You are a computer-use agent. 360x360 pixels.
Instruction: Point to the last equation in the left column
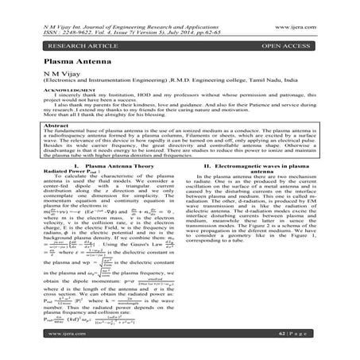(x=103, y=315)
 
